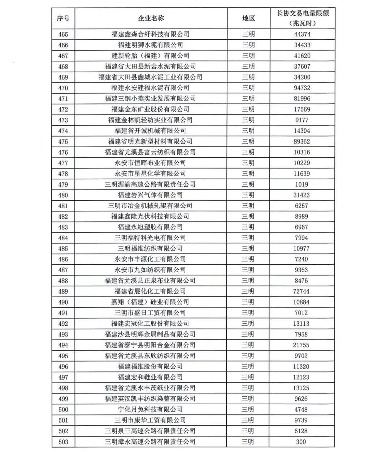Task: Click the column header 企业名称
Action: point(151,18)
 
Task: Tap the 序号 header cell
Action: point(63,18)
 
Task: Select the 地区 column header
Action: point(248,18)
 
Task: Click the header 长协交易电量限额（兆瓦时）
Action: point(302,18)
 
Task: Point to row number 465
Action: point(63,34)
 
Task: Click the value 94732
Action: point(302,88)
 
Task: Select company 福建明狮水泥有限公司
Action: point(151,45)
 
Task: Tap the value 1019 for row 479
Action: point(302,184)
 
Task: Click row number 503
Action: point(63,442)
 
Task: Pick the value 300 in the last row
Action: point(301,442)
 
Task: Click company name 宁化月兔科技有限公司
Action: point(151,410)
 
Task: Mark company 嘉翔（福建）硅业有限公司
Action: point(150,302)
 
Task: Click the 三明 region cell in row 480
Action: point(248,195)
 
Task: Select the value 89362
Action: point(302,141)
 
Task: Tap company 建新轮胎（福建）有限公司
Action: point(151,56)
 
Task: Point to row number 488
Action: point(63,281)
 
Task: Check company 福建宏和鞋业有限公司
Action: point(151,378)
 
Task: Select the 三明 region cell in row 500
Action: point(248,410)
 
